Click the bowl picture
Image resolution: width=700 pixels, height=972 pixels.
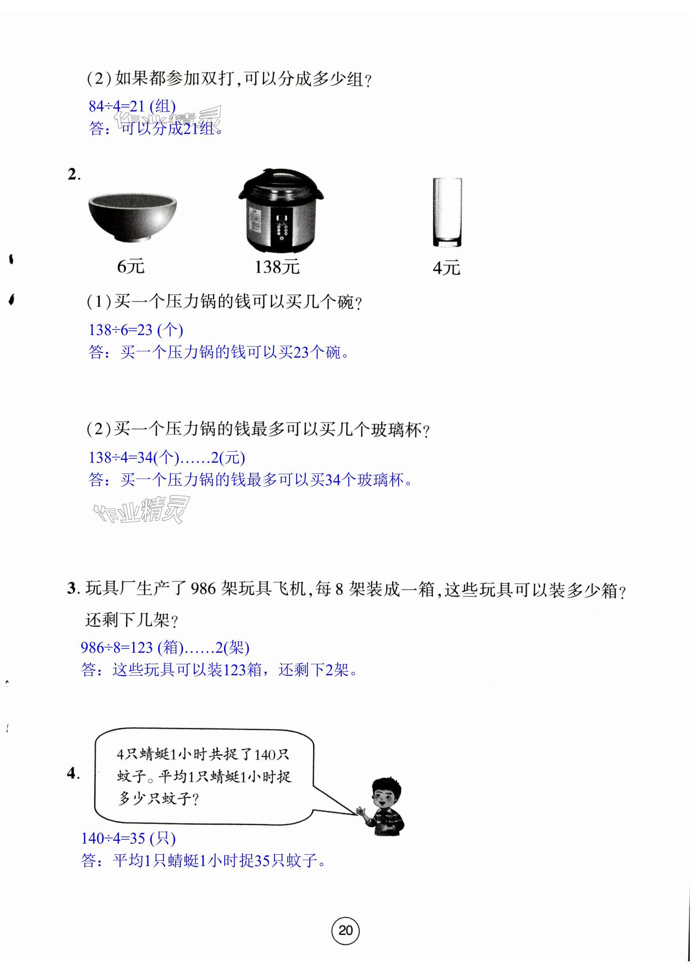pos(132,217)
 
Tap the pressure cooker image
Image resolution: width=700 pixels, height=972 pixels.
pos(281,210)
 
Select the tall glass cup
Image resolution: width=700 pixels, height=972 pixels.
pos(447,213)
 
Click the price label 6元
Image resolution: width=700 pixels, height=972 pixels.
pos(131,267)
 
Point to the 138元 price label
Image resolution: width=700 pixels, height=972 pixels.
pos(277,267)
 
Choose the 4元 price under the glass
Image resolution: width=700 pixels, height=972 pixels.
pos(446,268)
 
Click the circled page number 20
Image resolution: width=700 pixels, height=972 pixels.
pos(345,931)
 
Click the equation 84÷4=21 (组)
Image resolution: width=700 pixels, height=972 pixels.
pos(132,106)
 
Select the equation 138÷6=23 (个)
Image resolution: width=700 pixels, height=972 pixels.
pos(136,330)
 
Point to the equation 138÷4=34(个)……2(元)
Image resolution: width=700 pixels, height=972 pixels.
pos(167,457)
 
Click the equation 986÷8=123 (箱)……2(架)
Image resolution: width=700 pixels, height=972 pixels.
pos(165,647)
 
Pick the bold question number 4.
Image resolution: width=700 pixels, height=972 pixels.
pos(73,773)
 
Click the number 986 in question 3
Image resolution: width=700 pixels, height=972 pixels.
pos(203,589)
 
